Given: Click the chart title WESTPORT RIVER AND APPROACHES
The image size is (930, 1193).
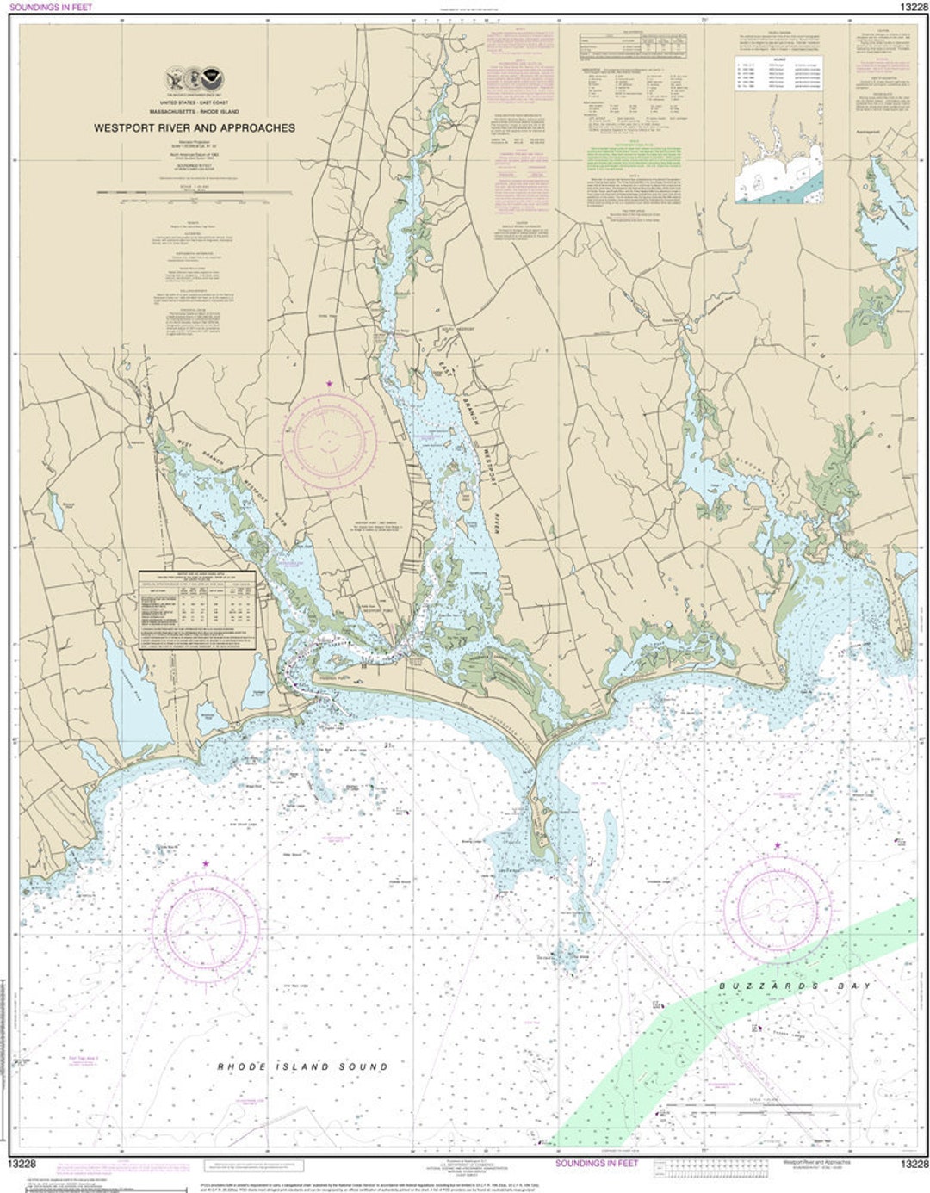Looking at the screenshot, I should tap(195, 127).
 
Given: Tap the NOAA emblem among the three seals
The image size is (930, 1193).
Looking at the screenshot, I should tap(212, 79).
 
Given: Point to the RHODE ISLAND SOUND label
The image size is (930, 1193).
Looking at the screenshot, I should tap(302, 1066).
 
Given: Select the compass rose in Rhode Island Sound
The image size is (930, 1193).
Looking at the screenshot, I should tap(206, 925).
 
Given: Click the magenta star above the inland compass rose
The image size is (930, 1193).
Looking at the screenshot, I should tap(328, 383).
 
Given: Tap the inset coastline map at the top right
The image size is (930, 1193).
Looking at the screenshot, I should tap(778, 164).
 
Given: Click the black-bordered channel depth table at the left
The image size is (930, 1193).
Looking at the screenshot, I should tap(198, 609).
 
